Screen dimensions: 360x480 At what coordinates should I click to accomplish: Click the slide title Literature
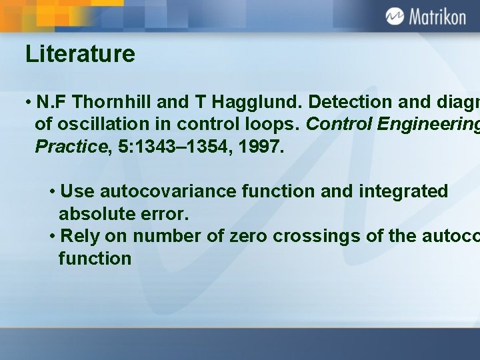point(80,54)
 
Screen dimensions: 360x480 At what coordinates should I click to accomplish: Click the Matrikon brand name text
point(437,17)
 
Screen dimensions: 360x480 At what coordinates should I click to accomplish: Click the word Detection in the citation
point(342,103)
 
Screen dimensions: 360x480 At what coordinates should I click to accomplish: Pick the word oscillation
point(92,125)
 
